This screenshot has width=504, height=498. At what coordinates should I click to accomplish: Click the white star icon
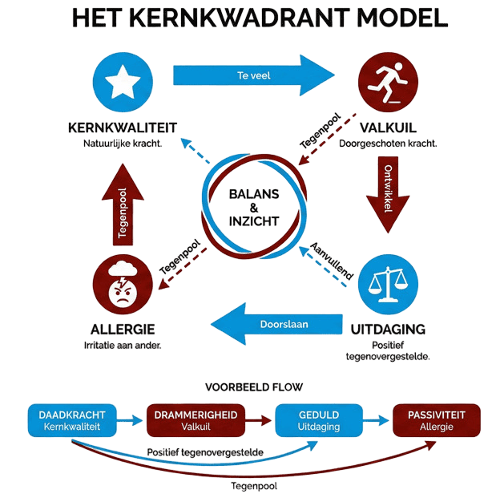pos(122,82)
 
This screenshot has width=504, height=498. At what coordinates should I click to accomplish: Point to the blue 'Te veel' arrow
pos(253,75)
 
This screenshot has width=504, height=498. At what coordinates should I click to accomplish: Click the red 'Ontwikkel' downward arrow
pos(387,192)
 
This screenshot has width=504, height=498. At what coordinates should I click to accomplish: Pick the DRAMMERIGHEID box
pos(190,421)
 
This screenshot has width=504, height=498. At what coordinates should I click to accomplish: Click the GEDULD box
pos(318,421)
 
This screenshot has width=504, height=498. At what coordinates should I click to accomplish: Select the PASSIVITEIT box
pos(436,421)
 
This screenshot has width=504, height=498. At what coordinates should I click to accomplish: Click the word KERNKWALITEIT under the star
pos(123,128)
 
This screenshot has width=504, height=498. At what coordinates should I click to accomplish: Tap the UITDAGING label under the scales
pos(387,329)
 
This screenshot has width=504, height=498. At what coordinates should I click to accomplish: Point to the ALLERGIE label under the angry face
pos(123,330)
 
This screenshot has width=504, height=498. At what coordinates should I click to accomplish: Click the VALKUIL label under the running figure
pos(387,128)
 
